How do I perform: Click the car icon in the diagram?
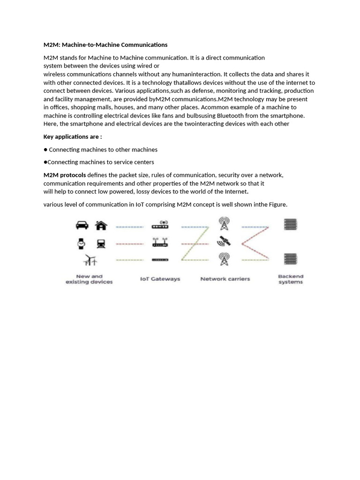(82, 225)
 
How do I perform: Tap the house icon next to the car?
(101, 225)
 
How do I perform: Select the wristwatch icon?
(82, 243)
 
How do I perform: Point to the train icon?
(101, 243)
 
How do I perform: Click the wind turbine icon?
(90, 260)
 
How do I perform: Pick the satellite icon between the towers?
(224, 241)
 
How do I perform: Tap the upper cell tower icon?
(224, 224)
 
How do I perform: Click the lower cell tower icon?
(224, 259)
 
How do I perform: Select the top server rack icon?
(291, 225)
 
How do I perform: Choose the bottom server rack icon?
(291, 258)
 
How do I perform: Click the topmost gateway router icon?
(160, 225)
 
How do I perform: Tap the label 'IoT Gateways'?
(160, 279)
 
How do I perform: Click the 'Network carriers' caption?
(225, 279)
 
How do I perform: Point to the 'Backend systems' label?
(291, 279)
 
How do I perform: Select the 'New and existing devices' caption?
(89, 279)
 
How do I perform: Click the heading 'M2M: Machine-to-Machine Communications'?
(105, 45)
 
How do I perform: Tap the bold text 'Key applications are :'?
(73, 137)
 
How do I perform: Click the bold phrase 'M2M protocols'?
(65, 175)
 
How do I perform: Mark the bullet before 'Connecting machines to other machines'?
(45, 150)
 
